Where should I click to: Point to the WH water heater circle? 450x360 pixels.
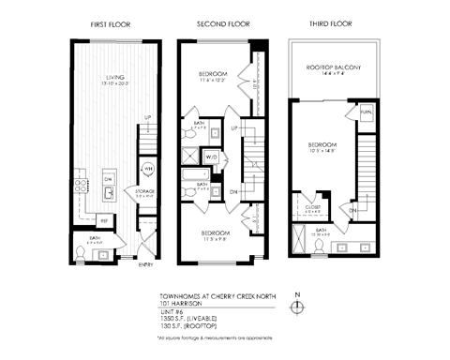pyautogui.click(x=147, y=170)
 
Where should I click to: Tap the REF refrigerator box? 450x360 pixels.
pyautogui.click(x=106, y=220)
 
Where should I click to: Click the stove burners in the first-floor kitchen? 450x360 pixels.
pyautogui.click(x=109, y=179)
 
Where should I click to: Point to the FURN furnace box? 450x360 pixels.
pyautogui.click(x=367, y=112)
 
